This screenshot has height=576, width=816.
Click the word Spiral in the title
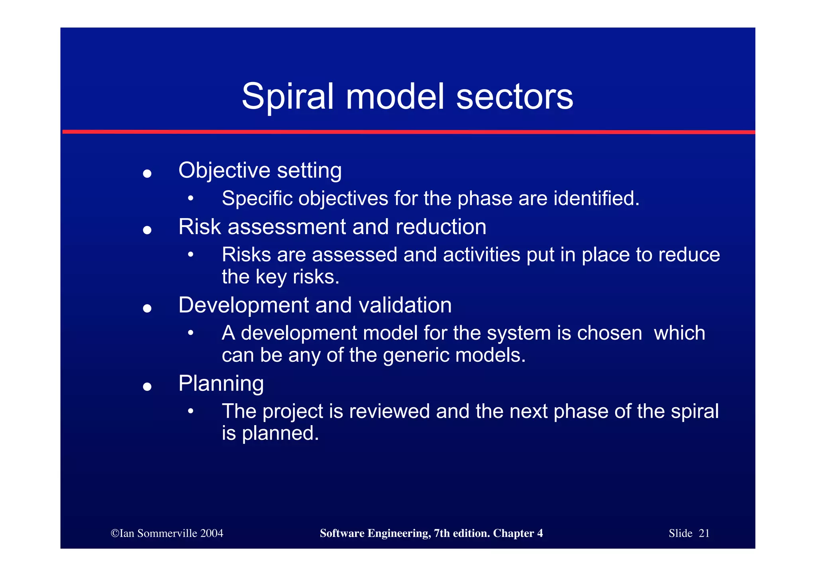pyautogui.click(x=287, y=97)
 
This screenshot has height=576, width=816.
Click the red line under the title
pyautogui.click(x=408, y=132)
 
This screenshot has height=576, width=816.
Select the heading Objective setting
pyautogui.click(x=260, y=170)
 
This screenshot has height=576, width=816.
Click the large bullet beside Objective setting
pyautogui.click(x=147, y=174)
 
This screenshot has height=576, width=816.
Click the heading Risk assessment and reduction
pyautogui.click(x=332, y=227)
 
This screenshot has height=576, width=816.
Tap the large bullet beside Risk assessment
pyautogui.click(x=147, y=230)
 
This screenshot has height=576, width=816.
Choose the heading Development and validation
pyautogui.click(x=315, y=305)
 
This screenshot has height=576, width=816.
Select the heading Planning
pyautogui.click(x=221, y=383)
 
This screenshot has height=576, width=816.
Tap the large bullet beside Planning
pyautogui.click(x=147, y=387)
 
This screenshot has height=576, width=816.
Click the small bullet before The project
pyautogui.click(x=191, y=411)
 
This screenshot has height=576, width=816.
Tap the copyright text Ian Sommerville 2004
pyautogui.click(x=167, y=533)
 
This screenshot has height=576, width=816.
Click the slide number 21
pyautogui.click(x=704, y=533)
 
